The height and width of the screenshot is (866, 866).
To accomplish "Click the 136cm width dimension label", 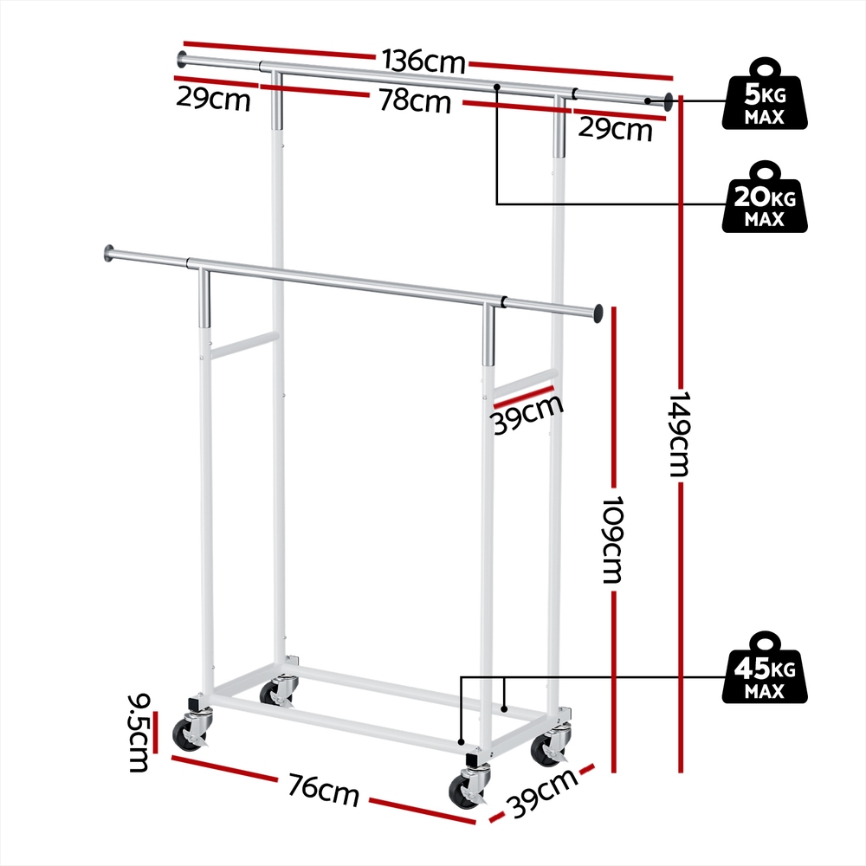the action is click(x=424, y=61).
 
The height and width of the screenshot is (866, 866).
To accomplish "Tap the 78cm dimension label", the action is click(x=416, y=101).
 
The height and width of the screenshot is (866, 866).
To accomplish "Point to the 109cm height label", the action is click(x=612, y=539).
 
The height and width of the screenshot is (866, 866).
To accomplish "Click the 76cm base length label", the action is click(x=324, y=790).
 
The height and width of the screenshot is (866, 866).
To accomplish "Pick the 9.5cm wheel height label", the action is click(x=138, y=733).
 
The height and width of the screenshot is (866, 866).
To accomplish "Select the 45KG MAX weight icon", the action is click(x=765, y=668).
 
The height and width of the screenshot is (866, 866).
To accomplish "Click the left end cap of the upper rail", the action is click(x=182, y=58).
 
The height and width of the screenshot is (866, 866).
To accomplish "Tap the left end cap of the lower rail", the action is click(x=108, y=253).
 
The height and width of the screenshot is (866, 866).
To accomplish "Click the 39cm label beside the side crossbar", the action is click(x=527, y=413).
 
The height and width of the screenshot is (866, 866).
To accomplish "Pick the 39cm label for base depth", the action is click(x=543, y=792).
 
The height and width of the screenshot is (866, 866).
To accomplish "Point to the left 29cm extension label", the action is click(x=213, y=100).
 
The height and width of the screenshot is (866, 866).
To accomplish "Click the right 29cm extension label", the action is click(x=615, y=130).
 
